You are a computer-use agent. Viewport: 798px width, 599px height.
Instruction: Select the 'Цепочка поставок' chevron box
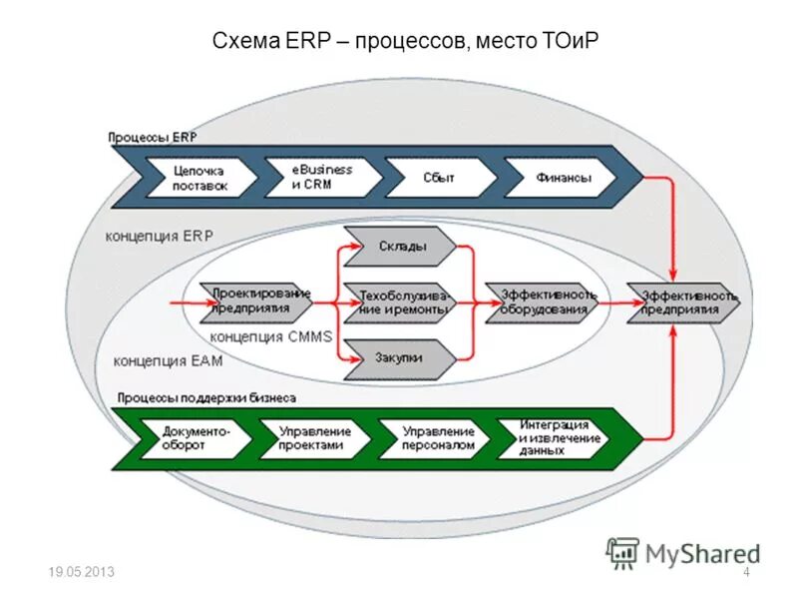tap(199, 179)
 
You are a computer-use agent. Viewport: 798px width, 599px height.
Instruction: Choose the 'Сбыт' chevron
tap(440, 179)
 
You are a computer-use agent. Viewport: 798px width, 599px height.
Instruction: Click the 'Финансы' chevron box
tap(561, 179)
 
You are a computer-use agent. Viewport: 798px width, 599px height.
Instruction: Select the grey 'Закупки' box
tap(399, 356)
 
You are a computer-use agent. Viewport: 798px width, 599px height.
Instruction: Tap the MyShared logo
tap(683, 552)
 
